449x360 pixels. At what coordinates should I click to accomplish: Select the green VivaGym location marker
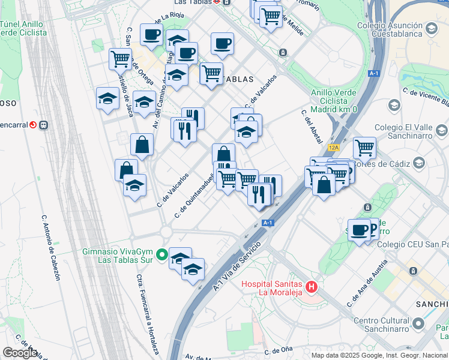[161, 256]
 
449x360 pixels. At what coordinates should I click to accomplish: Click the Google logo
[19, 353]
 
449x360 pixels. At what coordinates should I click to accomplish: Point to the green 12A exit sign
[334, 147]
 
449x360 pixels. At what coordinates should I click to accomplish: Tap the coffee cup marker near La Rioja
[151, 34]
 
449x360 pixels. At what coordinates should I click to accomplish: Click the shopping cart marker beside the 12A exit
[364, 146]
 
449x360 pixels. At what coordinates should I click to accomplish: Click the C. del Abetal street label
[313, 127]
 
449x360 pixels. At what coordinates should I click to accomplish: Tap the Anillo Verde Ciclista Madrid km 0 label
[334, 101]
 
